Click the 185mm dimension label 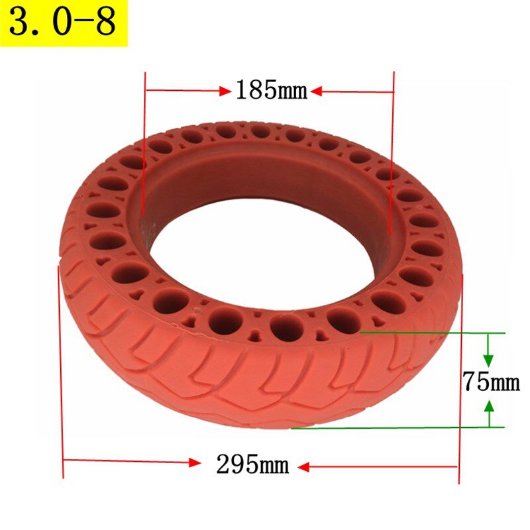tap(272, 90)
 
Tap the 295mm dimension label tap(253, 464)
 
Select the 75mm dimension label tap(491, 382)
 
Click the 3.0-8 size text tap(62, 23)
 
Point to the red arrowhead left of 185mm tap(225, 91)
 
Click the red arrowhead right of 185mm tap(316, 91)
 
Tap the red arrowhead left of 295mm tap(195, 462)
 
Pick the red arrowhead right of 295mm tap(303, 467)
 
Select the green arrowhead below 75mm tap(489, 405)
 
